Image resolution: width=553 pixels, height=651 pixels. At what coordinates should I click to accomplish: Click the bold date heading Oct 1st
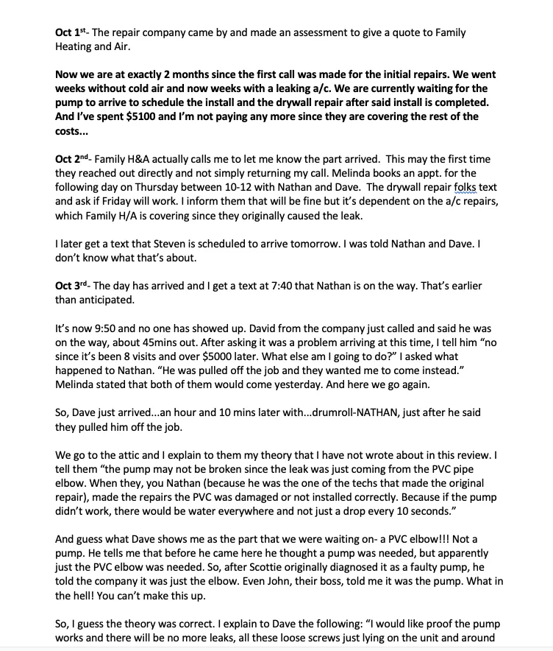click(x=71, y=33)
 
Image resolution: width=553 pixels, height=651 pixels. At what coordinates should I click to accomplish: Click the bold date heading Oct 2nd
click(x=73, y=159)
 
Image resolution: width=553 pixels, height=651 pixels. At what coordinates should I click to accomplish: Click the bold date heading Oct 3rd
click(x=72, y=285)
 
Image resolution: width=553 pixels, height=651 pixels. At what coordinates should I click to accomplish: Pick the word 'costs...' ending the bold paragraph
click(x=72, y=130)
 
